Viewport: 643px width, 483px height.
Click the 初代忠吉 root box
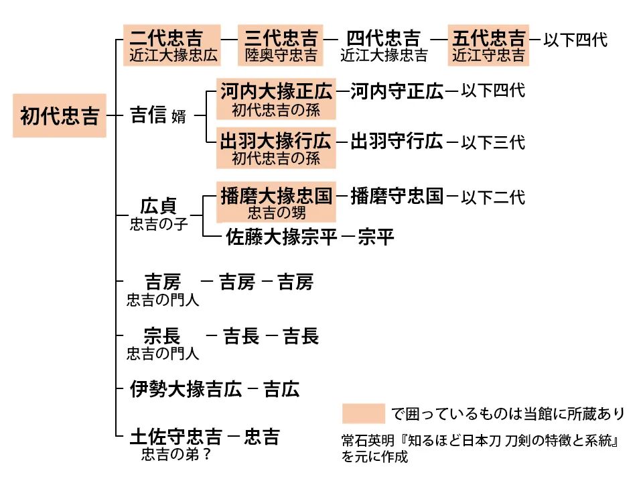(59, 116)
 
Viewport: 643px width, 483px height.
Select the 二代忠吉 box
(172, 45)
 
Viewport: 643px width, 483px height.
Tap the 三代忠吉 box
(281, 45)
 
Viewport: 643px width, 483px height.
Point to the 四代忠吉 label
(384, 38)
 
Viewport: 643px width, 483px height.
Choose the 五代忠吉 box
(488, 45)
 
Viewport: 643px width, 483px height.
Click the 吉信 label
(149, 115)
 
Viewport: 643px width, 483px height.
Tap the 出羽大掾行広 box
(276, 148)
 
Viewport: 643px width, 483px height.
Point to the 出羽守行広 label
(397, 142)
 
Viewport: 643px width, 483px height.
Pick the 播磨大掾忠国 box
(276, 203)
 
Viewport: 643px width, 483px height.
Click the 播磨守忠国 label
(397, 197)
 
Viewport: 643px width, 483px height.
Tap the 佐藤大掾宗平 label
(282, 237)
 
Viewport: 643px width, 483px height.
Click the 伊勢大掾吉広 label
(186, 389)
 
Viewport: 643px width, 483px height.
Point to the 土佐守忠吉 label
(175, 437)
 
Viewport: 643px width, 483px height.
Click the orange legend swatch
(363, 413)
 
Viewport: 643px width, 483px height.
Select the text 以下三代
(493, 142)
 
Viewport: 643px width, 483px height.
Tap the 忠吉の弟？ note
(177, 455)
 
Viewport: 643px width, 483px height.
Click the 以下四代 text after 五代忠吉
(575, 40)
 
